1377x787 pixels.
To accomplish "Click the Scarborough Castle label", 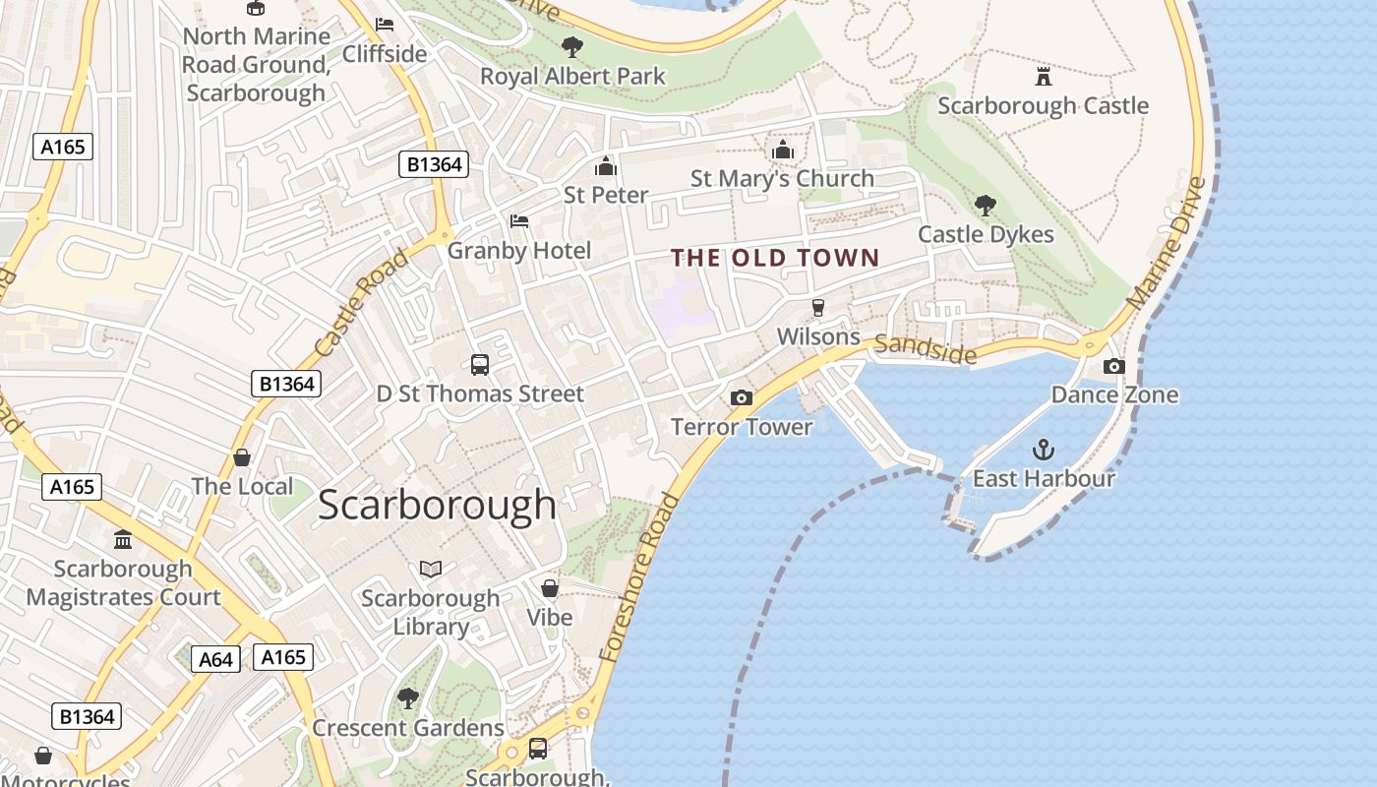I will (1043, 105).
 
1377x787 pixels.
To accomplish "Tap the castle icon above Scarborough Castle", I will (1044, 76).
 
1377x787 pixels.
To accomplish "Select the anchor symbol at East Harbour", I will (1043, 451).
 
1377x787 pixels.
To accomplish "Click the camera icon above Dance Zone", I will (1113, 367).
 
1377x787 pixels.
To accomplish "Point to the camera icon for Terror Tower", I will (742, 397).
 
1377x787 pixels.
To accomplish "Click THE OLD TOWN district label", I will (775, 258).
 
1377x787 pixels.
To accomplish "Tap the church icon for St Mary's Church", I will (783, 150).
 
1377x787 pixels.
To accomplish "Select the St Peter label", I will (606, 195).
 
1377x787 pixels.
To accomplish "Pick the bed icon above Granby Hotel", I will (519, 221).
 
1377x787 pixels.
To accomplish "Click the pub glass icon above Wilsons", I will (817, 307).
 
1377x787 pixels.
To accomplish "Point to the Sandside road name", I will (925, 347).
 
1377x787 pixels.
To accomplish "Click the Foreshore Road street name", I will (639, 576).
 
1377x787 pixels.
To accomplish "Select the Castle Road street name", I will (362, 303).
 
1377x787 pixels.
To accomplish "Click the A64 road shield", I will (215, 659).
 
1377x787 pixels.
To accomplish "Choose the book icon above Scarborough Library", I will (431, 569).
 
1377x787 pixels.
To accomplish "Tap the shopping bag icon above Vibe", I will (550, 588).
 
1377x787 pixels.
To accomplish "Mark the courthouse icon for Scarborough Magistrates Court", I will (123, 539).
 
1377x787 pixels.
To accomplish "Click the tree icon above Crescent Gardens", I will (407, 698).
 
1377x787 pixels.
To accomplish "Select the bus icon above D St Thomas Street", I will (480, 365).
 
